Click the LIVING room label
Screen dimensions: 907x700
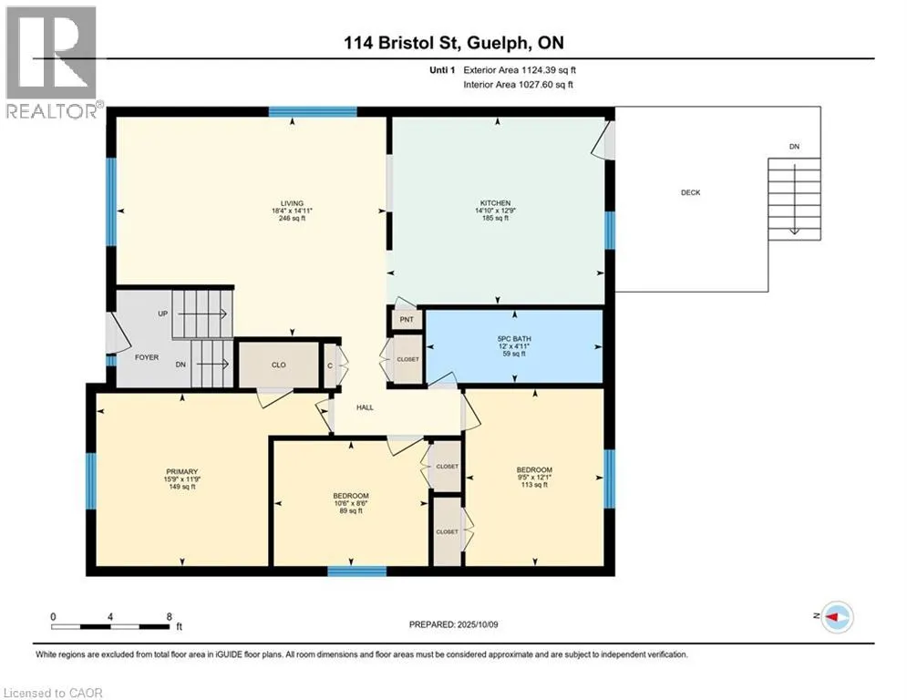point(292,203)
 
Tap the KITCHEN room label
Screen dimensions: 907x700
point(495,203)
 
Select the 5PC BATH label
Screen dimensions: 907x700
point(514,338)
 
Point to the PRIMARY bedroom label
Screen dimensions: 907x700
point(181,471)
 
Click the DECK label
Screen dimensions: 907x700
point(691,192)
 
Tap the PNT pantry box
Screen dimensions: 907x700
point(407,319)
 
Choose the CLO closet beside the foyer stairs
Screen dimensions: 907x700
point(279,365)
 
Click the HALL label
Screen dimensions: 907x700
point(365,407)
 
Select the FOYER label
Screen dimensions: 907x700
point(147,357)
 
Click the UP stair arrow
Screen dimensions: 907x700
point(201,314)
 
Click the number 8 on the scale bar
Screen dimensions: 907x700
point(169,617)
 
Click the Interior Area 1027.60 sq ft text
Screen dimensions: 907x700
point(519,85)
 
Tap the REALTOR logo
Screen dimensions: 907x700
point(52,62)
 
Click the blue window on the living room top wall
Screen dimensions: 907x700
point(313,111)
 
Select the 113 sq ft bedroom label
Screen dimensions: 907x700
point(534,485)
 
